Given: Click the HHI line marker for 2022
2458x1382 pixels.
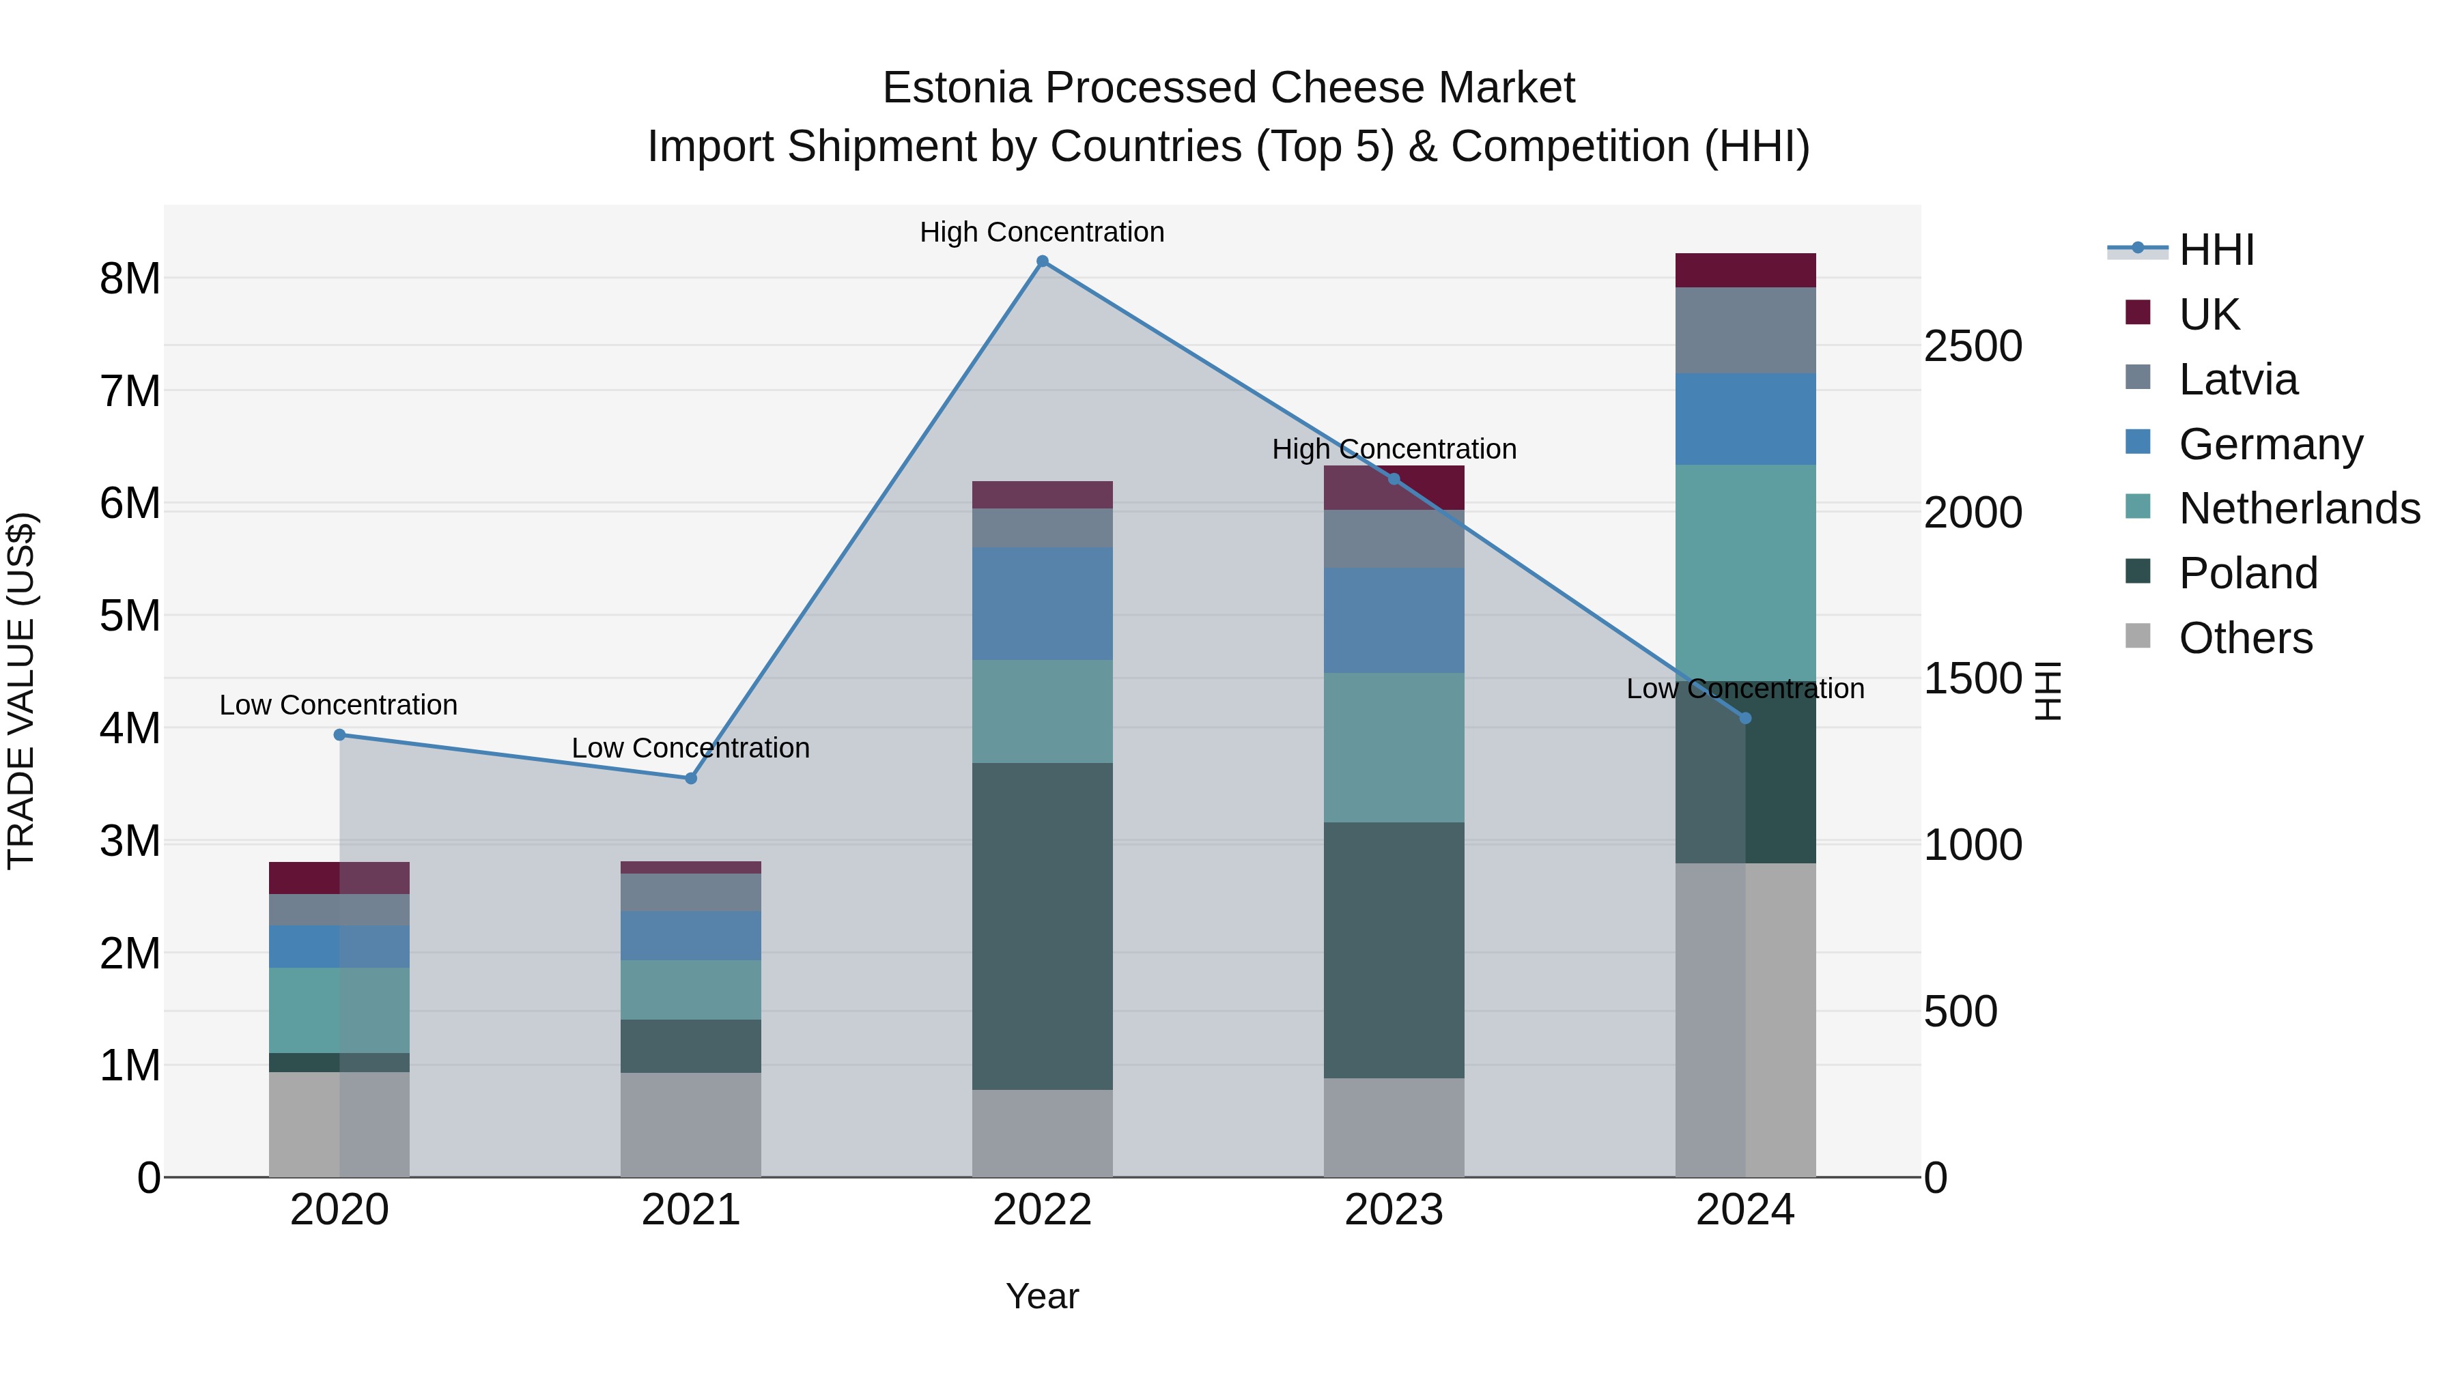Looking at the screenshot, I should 1042,261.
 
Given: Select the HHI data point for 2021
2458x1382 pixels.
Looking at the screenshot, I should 691,778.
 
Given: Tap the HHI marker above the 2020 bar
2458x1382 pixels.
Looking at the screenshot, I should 340,734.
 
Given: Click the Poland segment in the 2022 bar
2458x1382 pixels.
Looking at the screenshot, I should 1042,925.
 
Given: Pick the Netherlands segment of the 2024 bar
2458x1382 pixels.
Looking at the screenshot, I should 1745,573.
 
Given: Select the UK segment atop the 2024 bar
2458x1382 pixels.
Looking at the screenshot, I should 1745,270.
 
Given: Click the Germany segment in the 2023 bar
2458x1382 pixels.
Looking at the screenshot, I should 1393,620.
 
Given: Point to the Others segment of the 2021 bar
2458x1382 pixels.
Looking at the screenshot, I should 691,1125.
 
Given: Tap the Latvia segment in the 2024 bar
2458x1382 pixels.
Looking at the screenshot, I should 1745,330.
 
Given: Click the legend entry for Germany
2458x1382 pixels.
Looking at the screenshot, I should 2271,444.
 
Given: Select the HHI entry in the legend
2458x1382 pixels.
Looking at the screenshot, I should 2216,250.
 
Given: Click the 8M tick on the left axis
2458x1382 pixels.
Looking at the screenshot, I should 130,279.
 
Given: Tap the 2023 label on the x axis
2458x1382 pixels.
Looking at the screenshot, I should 1393,1210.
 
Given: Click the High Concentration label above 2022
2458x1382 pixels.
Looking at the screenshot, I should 1042,232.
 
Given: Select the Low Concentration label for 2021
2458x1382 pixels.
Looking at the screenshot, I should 691,748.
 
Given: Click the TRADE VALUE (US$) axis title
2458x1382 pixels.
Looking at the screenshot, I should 22,691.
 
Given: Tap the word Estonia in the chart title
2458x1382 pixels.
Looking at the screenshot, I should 957,88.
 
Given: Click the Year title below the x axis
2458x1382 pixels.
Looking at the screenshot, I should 1042,1296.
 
